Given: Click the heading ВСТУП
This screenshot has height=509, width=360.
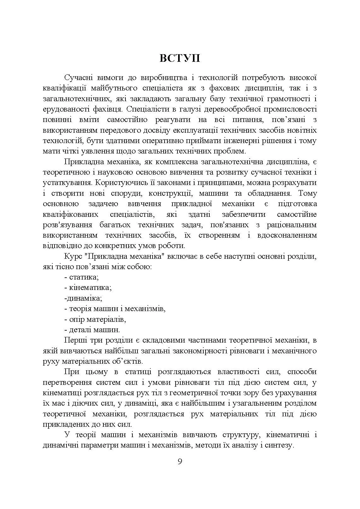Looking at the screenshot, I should [179, 58].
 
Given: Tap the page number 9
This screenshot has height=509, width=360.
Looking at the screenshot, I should [180, 461].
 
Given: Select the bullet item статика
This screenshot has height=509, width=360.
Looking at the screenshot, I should [84, 277].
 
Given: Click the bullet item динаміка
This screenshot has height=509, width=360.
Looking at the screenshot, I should [83, 298].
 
